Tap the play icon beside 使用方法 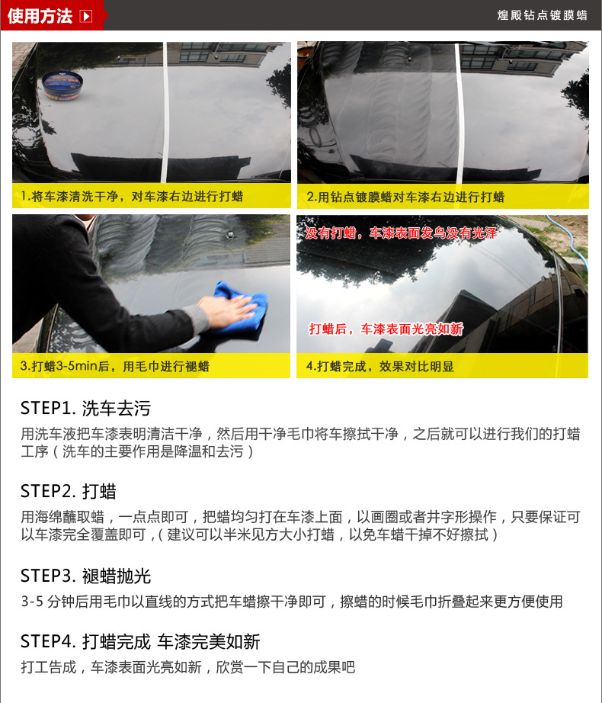(85, 16)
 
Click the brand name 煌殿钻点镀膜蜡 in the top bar (542, 15)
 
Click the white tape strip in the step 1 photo (165, 112)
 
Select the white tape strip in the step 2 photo (459, 113)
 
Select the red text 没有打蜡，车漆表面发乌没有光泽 (401, 233)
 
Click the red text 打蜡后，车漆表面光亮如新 (386, 329)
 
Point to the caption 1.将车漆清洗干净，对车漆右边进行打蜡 (132, 197)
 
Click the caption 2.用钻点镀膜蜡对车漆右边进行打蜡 (405, 197)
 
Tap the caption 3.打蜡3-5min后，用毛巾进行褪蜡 (114, 366)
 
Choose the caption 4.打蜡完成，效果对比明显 (379, 366)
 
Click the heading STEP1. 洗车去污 (85, 408)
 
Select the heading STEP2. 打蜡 (69, 491)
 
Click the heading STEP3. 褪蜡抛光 (85, 576)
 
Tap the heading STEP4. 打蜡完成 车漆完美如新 (140, 641)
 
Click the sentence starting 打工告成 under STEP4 (187, 667)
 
